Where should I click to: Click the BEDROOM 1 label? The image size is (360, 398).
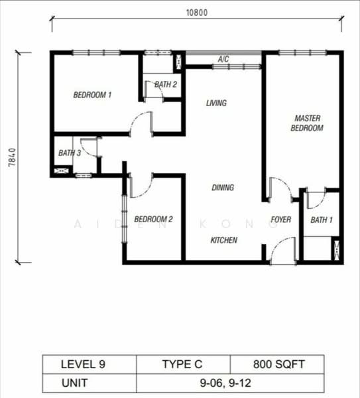tap(91, 95)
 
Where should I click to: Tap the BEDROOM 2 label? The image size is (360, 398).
tap(153, 220)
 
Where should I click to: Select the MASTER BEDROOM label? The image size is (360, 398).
tap(307, 123)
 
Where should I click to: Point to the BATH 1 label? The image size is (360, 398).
tap(322, 220)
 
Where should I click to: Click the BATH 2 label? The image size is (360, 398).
tap(166, 84)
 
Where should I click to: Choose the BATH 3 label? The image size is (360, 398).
tap(70, 153)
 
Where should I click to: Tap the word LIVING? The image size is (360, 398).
tap(216, 103)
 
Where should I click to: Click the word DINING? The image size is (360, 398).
tap(223, 188)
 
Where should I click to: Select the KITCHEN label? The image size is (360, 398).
tap(224, 240)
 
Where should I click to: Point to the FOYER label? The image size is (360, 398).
tap(281, 220)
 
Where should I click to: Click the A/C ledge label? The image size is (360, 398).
tap(223, 60)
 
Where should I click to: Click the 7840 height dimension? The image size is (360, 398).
tap(12, 158)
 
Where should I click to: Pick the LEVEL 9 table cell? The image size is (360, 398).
tap(83, 364)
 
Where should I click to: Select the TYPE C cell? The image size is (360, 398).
tap(183, 364)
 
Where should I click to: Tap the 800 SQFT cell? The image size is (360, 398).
tap(277, 364)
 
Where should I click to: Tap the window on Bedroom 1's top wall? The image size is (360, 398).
tap(95, 53)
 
